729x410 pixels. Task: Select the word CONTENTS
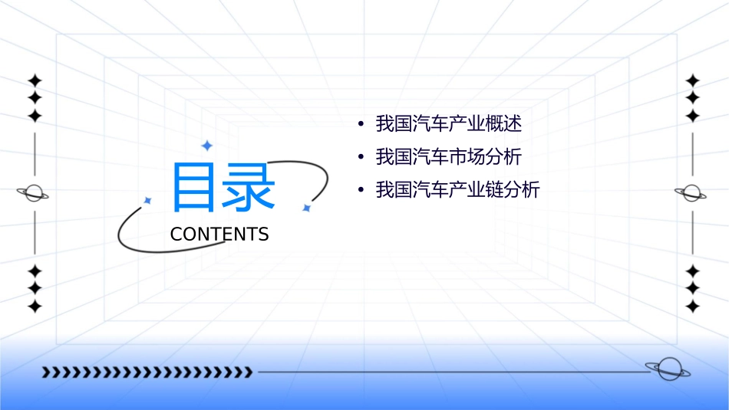tap(219, 235)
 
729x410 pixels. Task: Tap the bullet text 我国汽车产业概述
tap(448, 123)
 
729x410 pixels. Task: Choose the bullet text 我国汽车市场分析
tap(448, 157)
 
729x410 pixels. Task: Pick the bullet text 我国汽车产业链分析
tap(457, 190)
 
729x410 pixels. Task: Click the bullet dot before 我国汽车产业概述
tap(360, 123)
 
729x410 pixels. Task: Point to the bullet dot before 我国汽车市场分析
tap(360, 157)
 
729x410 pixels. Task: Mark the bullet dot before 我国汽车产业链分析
tap(360, 190)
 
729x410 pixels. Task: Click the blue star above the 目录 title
tap(206, 146)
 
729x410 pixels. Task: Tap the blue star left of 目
tap(148, 200)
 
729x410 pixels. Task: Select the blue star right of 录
tap(305, 208)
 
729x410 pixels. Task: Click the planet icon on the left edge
tap(34, 193)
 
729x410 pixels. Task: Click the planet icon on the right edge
tap(692, 193)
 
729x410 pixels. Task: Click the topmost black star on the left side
tap(34, 80)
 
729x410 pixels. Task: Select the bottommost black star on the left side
tap(34, 306)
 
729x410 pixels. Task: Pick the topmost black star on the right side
tap(692, 80)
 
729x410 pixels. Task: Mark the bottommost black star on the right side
tap(692, 306)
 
